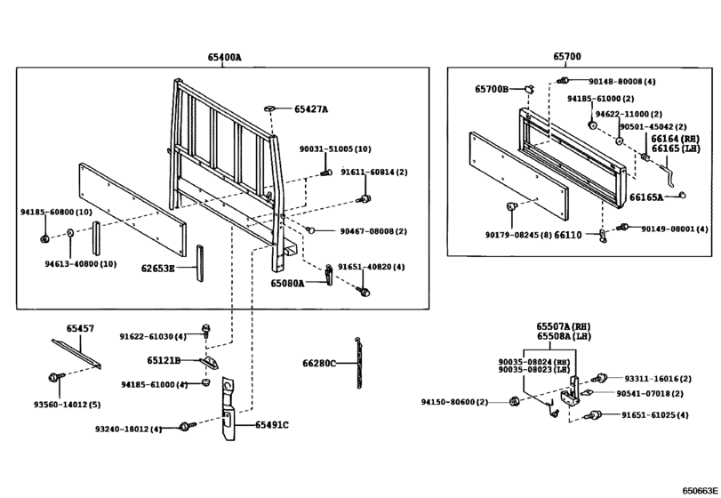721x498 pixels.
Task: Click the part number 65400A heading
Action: [x=224, y=58]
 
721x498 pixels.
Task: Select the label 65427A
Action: [x=310, y=109]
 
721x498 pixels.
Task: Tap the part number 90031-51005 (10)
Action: [x=334, y=149]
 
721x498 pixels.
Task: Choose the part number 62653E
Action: [x=157, y=267]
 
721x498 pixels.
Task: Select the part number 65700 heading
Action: [x=566, y=57]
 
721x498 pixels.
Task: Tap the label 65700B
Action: [x=492, y=89]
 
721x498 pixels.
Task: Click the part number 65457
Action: [x=80, y=329]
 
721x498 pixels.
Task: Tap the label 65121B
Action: [x=164, y=360]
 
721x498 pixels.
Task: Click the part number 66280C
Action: [x=319, y=363]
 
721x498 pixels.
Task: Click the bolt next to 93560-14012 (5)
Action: [x=59, y=376]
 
